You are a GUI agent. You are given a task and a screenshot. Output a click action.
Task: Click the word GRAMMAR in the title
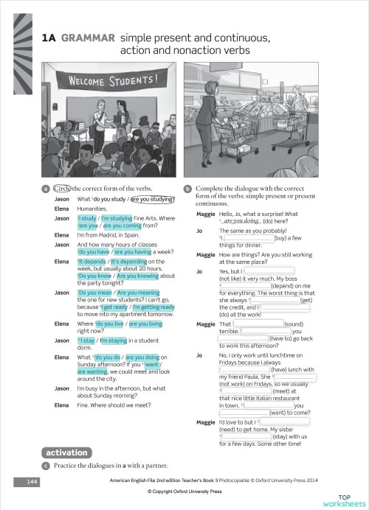click(x=88, y=37)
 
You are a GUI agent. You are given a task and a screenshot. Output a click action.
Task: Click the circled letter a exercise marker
click(x=46, y=189)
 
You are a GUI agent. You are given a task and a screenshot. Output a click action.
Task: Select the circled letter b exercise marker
click(x=187, y=189)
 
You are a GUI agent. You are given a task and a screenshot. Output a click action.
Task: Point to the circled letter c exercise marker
click(x=46, y=465)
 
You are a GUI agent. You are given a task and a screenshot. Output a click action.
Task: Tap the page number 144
click(x=30, y=481)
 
